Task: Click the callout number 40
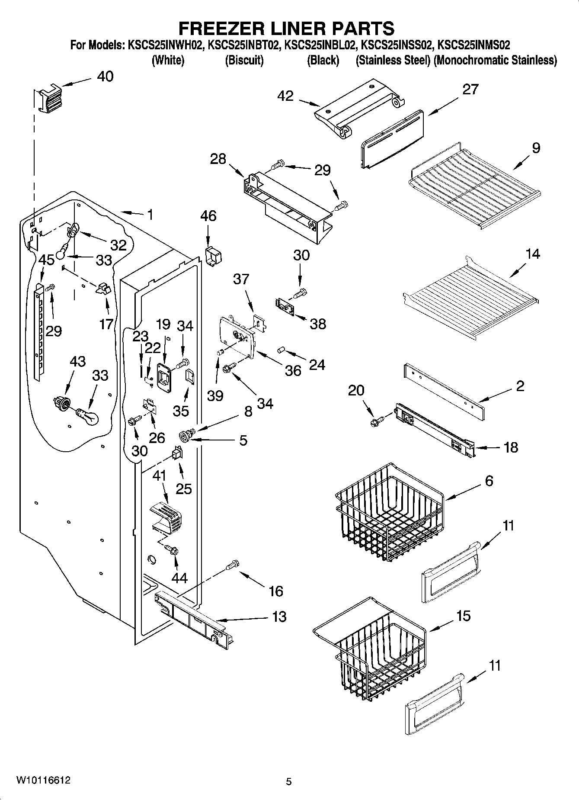105,77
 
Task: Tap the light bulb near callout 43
88,416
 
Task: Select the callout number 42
286,96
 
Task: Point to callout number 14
533,254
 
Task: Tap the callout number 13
280,617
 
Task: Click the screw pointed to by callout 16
232,565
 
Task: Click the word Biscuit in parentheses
244,61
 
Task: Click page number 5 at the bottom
289,781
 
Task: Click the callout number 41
159,476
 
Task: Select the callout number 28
218,159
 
